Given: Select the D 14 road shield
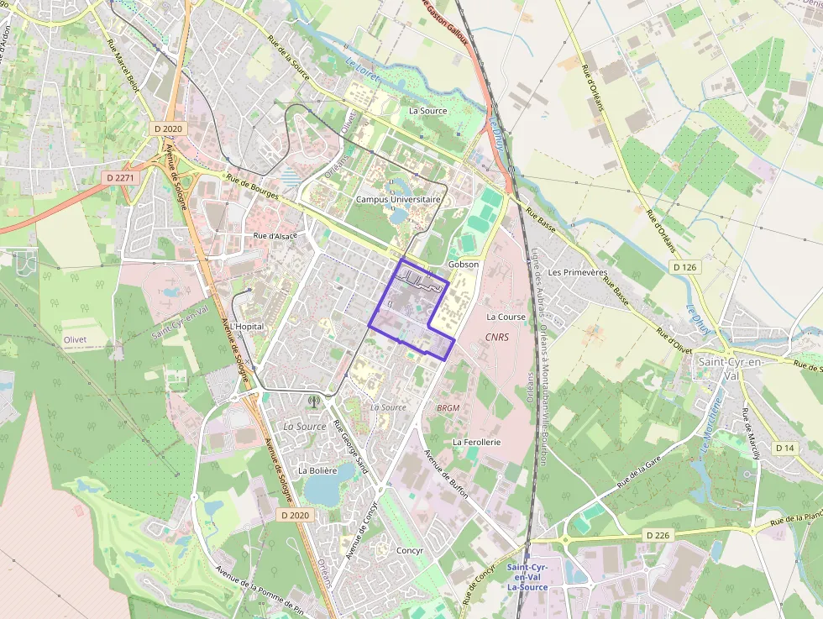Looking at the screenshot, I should (x=784, y=448).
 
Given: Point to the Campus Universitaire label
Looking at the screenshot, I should (x=398, y=200).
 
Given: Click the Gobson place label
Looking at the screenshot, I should (x=464, y=265).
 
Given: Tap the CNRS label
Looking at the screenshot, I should (x=497, y=337).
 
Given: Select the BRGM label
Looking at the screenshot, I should (x=448, y=407).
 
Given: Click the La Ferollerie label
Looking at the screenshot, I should (x=476, y=441).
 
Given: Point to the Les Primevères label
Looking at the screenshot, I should (x=577, y=273).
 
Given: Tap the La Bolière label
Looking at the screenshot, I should (x=317, y=470).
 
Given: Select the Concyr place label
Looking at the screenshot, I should (x=409, y=550).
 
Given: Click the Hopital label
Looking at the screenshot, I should (x=249, y=326).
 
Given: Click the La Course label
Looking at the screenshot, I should (x=506, y=317).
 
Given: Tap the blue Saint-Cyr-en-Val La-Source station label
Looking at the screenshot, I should (x=527, y=577).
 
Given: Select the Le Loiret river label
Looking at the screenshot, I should (x=363, y=70).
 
